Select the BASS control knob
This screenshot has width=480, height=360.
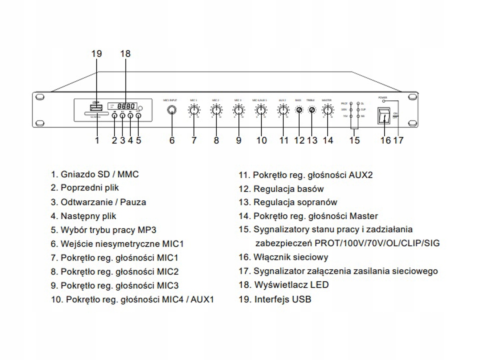(x=299, y=110)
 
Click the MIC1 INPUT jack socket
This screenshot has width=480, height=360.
(x=172, y=110)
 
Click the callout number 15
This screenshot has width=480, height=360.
(x=354, y=140)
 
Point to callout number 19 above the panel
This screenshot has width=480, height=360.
(x=96, y=54)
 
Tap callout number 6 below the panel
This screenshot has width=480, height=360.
(x=172, y=140)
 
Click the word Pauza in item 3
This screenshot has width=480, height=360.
(x=134, y=202)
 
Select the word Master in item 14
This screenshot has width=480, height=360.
(x=364, y=216)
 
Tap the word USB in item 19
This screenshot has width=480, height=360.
(x=302, y=299)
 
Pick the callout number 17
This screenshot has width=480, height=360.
(x=399, y=140)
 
